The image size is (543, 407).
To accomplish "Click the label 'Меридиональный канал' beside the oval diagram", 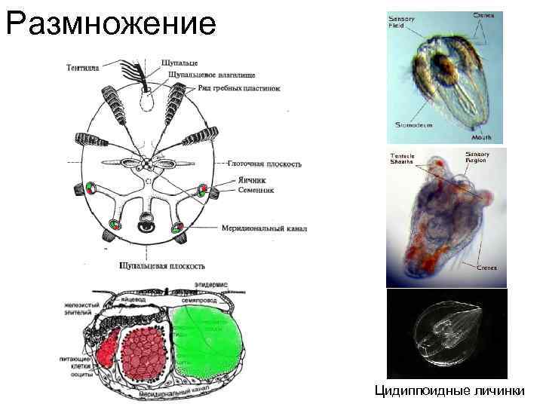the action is click(265, 227).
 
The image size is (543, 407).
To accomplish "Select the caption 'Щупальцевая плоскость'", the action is click(162, 265).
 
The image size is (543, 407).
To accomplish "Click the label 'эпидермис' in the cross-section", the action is click(208, 284).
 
